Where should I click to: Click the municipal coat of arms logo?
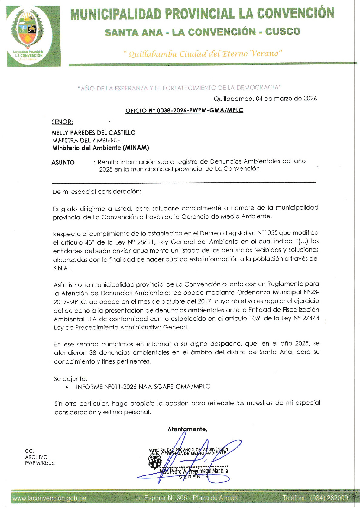pyautogui.click(x=29, y=33)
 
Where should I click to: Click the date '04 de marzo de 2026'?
pyautogui.click(x=286, y=99)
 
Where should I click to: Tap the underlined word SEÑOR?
pyautogui.click(x=62, y=122)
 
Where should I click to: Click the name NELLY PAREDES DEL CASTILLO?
pyautogui.click(x=94, y=133)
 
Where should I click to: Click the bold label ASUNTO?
pyautogui.click(x=63, y=163)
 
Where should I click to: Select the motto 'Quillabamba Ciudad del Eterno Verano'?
pyautogui.click(x=203, y=54)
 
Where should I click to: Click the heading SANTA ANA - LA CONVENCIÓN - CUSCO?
pyautogui.click(x=202, y=32)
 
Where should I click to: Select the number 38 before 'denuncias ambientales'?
pyautogui.click(x=92, y=353)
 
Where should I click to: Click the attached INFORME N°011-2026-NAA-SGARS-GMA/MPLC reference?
pyautogui.click(x=143, y=387)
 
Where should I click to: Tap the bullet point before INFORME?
pyautogui.click(x=66, y=387)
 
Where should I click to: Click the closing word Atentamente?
pyautogui.click(x=187, y=429)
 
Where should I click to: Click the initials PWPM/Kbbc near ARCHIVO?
pyautogui.click(x=40, y=463)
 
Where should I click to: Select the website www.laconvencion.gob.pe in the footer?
pyautogui.click(x=49, y=498)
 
